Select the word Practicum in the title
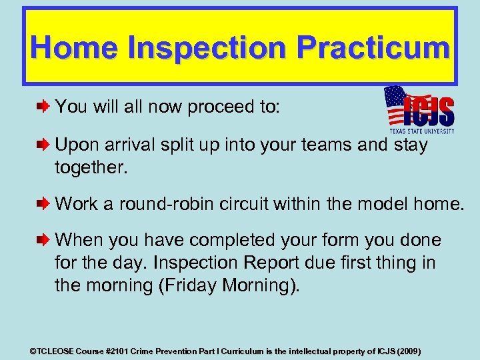(373, 48)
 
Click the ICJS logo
(419, 110)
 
